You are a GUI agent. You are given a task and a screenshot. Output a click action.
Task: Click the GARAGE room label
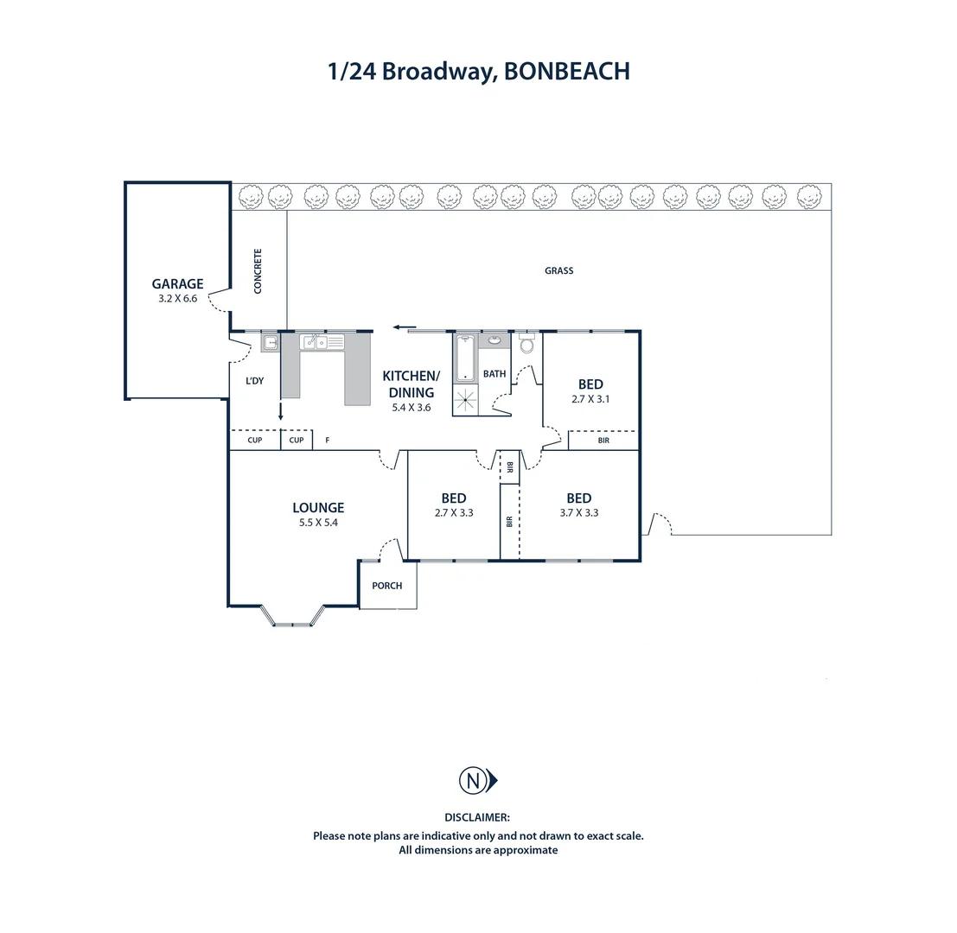[177, 283]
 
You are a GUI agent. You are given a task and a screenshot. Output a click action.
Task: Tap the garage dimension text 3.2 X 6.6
[177, 298]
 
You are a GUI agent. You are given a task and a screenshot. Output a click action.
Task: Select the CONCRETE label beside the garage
[258, 270]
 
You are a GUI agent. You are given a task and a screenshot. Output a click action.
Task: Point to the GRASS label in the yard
[559, 270]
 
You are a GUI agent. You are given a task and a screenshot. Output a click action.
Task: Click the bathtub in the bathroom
[465, 358]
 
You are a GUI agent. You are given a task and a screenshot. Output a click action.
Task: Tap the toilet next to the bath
[526, 343]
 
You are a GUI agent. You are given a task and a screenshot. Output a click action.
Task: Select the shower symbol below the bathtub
[465, 400]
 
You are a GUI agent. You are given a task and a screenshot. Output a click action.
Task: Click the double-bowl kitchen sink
[322, 342]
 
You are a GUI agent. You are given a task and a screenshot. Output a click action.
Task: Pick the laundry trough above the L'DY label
[271, 343]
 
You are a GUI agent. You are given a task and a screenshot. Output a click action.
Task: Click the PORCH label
[387, 586]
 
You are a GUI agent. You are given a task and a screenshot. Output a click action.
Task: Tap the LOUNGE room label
[318, 507]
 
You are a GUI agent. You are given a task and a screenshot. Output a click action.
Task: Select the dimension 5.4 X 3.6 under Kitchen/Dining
[412, 408]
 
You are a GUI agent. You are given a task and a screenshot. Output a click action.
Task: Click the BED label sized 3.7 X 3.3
[578, 498]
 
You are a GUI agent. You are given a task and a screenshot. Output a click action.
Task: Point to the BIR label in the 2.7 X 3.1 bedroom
[603, 441]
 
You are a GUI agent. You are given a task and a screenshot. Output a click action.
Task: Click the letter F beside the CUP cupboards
[328, 440]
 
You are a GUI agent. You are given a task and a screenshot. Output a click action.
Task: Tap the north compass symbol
[478, 781]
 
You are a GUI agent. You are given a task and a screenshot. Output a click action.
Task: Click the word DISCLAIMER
[477, 817]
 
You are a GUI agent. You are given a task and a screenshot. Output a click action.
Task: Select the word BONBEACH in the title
[567, 72]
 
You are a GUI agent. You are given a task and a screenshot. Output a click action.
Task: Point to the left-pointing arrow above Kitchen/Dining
[405, 327]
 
